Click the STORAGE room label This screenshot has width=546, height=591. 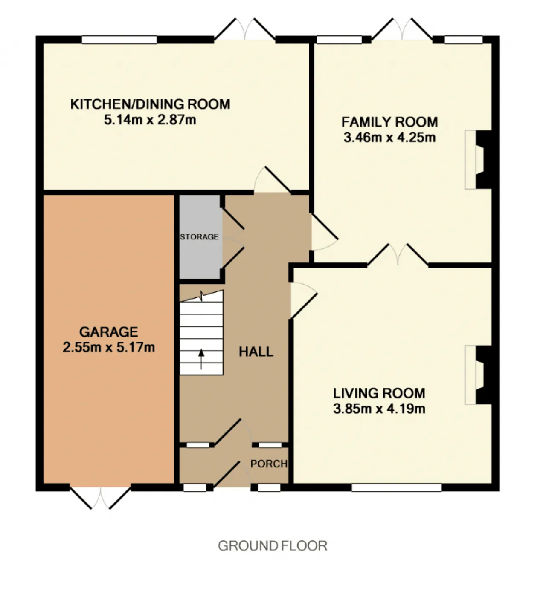199,236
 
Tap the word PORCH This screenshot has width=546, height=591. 269,464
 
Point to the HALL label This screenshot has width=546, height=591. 256,352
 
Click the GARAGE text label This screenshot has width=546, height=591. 109,332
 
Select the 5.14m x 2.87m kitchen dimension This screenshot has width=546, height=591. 150,120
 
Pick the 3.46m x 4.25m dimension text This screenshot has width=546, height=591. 389,138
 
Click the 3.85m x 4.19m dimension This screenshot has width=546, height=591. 379,409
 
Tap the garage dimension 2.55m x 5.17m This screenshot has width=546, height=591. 109,347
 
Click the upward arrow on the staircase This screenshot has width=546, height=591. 201,359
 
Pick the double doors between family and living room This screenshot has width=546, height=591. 398,255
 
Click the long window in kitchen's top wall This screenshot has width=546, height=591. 119,40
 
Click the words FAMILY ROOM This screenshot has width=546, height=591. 389,122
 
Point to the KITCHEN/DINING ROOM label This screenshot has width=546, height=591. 150,104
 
